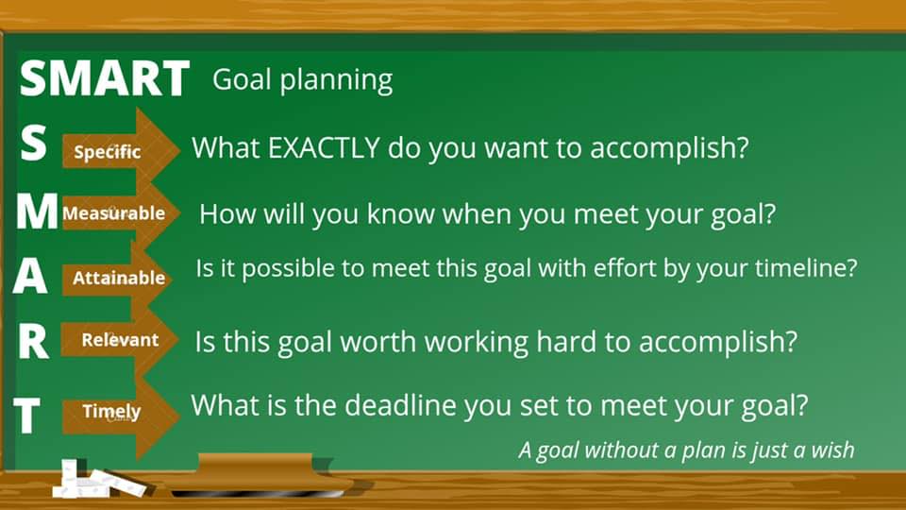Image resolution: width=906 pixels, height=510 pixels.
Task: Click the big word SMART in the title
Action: click(104, 78)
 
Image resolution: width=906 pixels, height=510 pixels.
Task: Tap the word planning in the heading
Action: click(336, 81)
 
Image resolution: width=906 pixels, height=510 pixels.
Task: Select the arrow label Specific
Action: click(108, 152)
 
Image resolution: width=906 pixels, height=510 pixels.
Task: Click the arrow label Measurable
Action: click(114, 213)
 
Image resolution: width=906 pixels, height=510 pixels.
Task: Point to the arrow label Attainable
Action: click(119, 278)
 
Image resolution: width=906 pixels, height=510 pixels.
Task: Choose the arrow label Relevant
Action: click(120, 340)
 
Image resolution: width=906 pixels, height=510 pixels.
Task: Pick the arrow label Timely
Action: click(111, 412)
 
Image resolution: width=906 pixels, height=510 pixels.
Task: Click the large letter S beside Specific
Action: click(33, 143)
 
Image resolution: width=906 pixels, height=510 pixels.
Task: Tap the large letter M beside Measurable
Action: click(37, 212)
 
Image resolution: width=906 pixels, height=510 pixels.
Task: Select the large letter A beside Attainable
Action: click(30, 275)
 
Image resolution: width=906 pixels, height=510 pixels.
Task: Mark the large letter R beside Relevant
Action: click(33, 341)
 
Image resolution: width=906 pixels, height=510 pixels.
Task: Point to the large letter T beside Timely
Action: click(27, 416)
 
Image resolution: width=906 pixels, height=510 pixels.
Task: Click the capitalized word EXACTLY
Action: click(324, 148)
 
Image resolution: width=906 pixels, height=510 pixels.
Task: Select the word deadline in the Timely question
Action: click(400, 405)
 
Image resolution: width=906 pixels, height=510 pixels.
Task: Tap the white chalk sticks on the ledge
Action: click(98, 481)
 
